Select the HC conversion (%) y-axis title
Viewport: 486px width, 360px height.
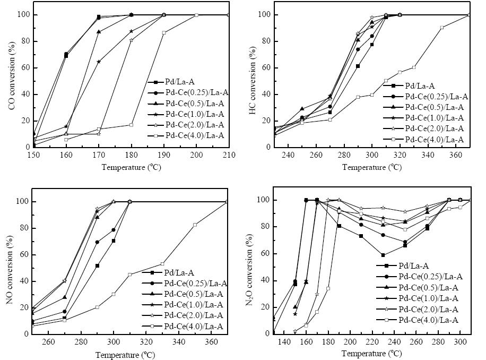[x=253, y=80]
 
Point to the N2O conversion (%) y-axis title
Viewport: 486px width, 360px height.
[x=250, y=270]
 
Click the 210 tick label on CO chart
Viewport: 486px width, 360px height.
[x=229, y=155]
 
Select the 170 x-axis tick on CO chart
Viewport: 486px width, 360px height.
[x=99, y=155]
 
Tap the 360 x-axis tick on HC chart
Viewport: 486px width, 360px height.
[x=456, y=155]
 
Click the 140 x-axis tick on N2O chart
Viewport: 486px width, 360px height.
[x=284, y=342]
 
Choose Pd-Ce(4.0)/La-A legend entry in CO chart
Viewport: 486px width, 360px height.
[x=186, y=135]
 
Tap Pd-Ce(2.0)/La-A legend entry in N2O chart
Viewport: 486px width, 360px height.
[x=417, y=309]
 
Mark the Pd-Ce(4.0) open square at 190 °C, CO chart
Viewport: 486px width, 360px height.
[x=163, y=32]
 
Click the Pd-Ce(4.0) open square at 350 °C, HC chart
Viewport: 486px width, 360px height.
[x=441, y=28]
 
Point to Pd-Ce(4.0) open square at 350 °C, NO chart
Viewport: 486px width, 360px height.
[x=195, y=225]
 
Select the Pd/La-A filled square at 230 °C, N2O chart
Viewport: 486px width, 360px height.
[x=383, y=255]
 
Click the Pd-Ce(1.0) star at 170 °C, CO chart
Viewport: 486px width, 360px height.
[x=99, y=62]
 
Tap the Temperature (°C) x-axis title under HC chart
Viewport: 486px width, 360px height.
[x=372, y=167]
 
